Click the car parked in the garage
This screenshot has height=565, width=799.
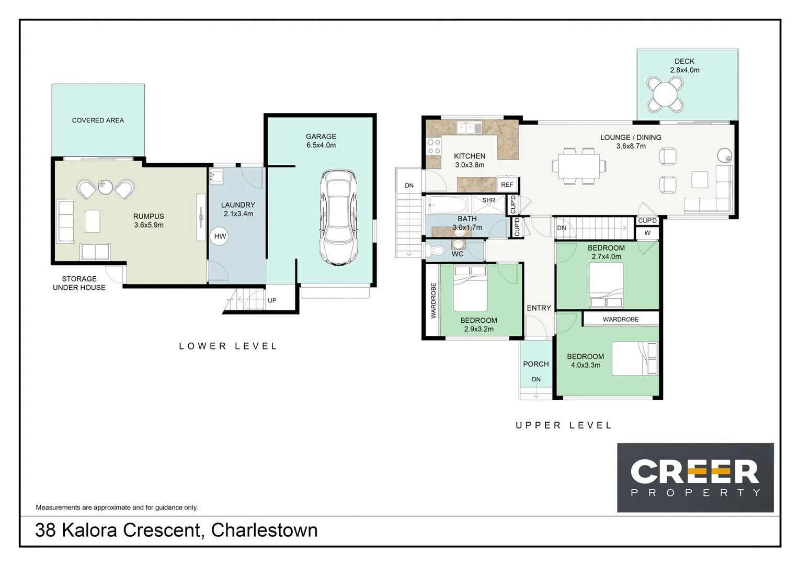[339, 217]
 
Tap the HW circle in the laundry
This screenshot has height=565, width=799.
[220, 236]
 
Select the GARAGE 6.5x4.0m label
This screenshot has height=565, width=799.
[321, 141]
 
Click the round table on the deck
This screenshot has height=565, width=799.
[665, 95]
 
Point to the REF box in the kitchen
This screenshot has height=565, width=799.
[507, 185]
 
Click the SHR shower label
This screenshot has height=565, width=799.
[488, 201]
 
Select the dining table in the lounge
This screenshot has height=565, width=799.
[578, 166]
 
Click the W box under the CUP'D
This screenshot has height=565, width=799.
[647, 233]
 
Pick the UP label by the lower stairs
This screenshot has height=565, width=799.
[272, 301]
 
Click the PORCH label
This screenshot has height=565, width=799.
[536, 364]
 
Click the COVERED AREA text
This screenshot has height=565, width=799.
[98, 120]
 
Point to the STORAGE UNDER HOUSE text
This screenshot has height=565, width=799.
[79, 283]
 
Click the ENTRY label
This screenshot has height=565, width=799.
[539, 308]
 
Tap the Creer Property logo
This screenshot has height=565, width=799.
[695, 477]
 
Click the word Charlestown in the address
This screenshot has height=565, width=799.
[264, 530]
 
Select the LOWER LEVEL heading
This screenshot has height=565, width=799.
[228, 346]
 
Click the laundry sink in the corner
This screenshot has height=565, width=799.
[216, 176]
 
